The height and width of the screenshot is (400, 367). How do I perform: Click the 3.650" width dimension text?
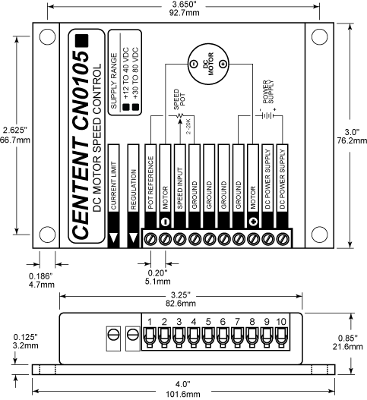tap(184, 5)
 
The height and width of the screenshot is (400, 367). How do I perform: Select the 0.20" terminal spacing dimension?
tap(158, 272)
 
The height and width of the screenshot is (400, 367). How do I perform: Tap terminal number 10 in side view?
tap(282, 322)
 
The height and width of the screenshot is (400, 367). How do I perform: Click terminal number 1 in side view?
tap(150, 322)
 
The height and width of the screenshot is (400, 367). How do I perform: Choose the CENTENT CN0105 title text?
tap(81, 137)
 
